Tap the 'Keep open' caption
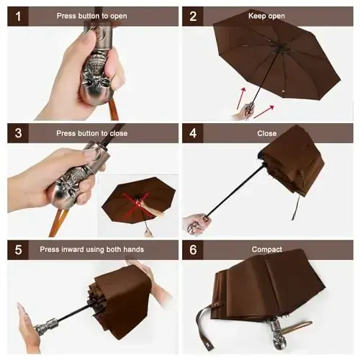coord(266,16)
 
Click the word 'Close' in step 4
coord(266,133)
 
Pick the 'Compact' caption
coord(266,249)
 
